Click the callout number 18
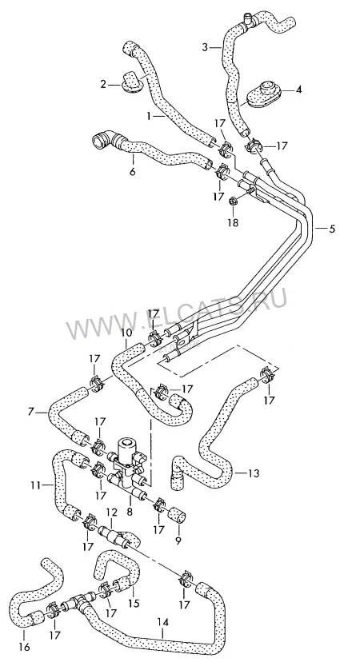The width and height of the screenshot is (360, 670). coord(234,222)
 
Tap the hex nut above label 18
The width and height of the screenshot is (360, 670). coord(234,200)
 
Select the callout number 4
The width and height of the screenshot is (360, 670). coord(299,90)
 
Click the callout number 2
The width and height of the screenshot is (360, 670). coord(103,84)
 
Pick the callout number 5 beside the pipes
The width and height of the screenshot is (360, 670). coord(332,229)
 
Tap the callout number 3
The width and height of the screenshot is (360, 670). coord(205,47)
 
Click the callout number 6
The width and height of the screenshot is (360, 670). coord(132,172)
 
